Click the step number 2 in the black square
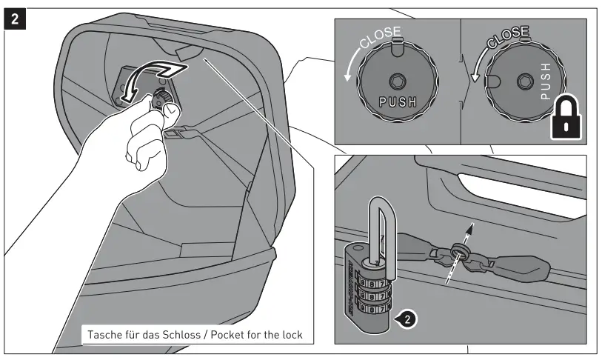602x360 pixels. tap(15, 16)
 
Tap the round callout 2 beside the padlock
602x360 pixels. tap(405, 320)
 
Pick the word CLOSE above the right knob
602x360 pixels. tap(509, 35)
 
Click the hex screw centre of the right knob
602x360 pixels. tap(525, 79)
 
